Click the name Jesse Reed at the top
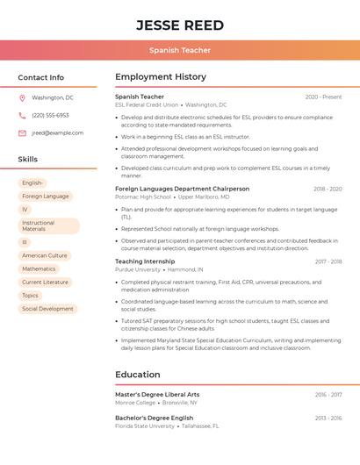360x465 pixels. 179,25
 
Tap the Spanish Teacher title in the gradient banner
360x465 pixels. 179,51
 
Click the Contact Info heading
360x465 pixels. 41,77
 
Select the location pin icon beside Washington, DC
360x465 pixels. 22,97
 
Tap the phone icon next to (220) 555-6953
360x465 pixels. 22,115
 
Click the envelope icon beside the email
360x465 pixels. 22,132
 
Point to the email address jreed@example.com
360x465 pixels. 58,132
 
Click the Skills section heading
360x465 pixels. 28,159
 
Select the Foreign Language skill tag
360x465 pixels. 46,197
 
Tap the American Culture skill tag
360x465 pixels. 45,255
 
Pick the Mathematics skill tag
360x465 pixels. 39,268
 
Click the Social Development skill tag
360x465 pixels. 47,309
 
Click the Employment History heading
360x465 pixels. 161,77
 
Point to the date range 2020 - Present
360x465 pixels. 323,97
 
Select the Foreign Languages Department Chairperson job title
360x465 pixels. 182,189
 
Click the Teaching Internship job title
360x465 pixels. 145,261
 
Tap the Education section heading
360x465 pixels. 138,375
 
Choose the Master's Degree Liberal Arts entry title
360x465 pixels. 157,395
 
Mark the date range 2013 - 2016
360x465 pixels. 328,418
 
